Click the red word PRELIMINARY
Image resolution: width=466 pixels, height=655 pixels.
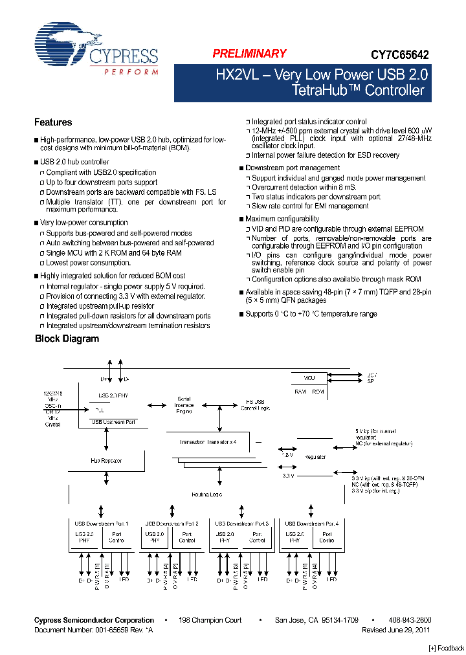point(249,54)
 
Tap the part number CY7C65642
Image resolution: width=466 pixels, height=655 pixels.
point(399,56)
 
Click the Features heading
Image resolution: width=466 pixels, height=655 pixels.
point(53,122)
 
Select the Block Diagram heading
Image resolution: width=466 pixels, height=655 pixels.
point(67,339)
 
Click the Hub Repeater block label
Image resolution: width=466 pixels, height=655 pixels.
point(105,461)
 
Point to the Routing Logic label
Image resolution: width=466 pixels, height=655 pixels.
point(206,494)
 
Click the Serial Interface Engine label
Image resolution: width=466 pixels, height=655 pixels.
point(184,404)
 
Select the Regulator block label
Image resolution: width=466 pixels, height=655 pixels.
point(315,457)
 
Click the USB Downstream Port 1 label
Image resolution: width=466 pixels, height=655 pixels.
point(101,523)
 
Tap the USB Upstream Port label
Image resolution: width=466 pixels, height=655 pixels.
point(113,422)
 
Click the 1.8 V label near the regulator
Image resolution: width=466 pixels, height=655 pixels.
point(287,455)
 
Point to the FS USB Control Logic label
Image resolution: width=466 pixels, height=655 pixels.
point(254,405)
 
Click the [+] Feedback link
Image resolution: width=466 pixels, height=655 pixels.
point(446,648)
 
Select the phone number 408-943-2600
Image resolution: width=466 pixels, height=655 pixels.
point(410,620)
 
